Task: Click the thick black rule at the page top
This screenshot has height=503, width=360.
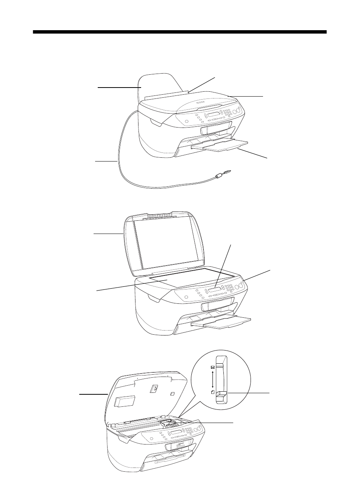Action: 180,32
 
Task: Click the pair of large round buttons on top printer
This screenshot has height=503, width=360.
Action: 237,111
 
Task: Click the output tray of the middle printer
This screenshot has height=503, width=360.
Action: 221,321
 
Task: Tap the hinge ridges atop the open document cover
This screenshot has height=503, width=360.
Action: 158,217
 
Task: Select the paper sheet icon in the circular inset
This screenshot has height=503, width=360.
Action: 212,392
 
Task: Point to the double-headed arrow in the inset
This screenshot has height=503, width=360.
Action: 212,380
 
